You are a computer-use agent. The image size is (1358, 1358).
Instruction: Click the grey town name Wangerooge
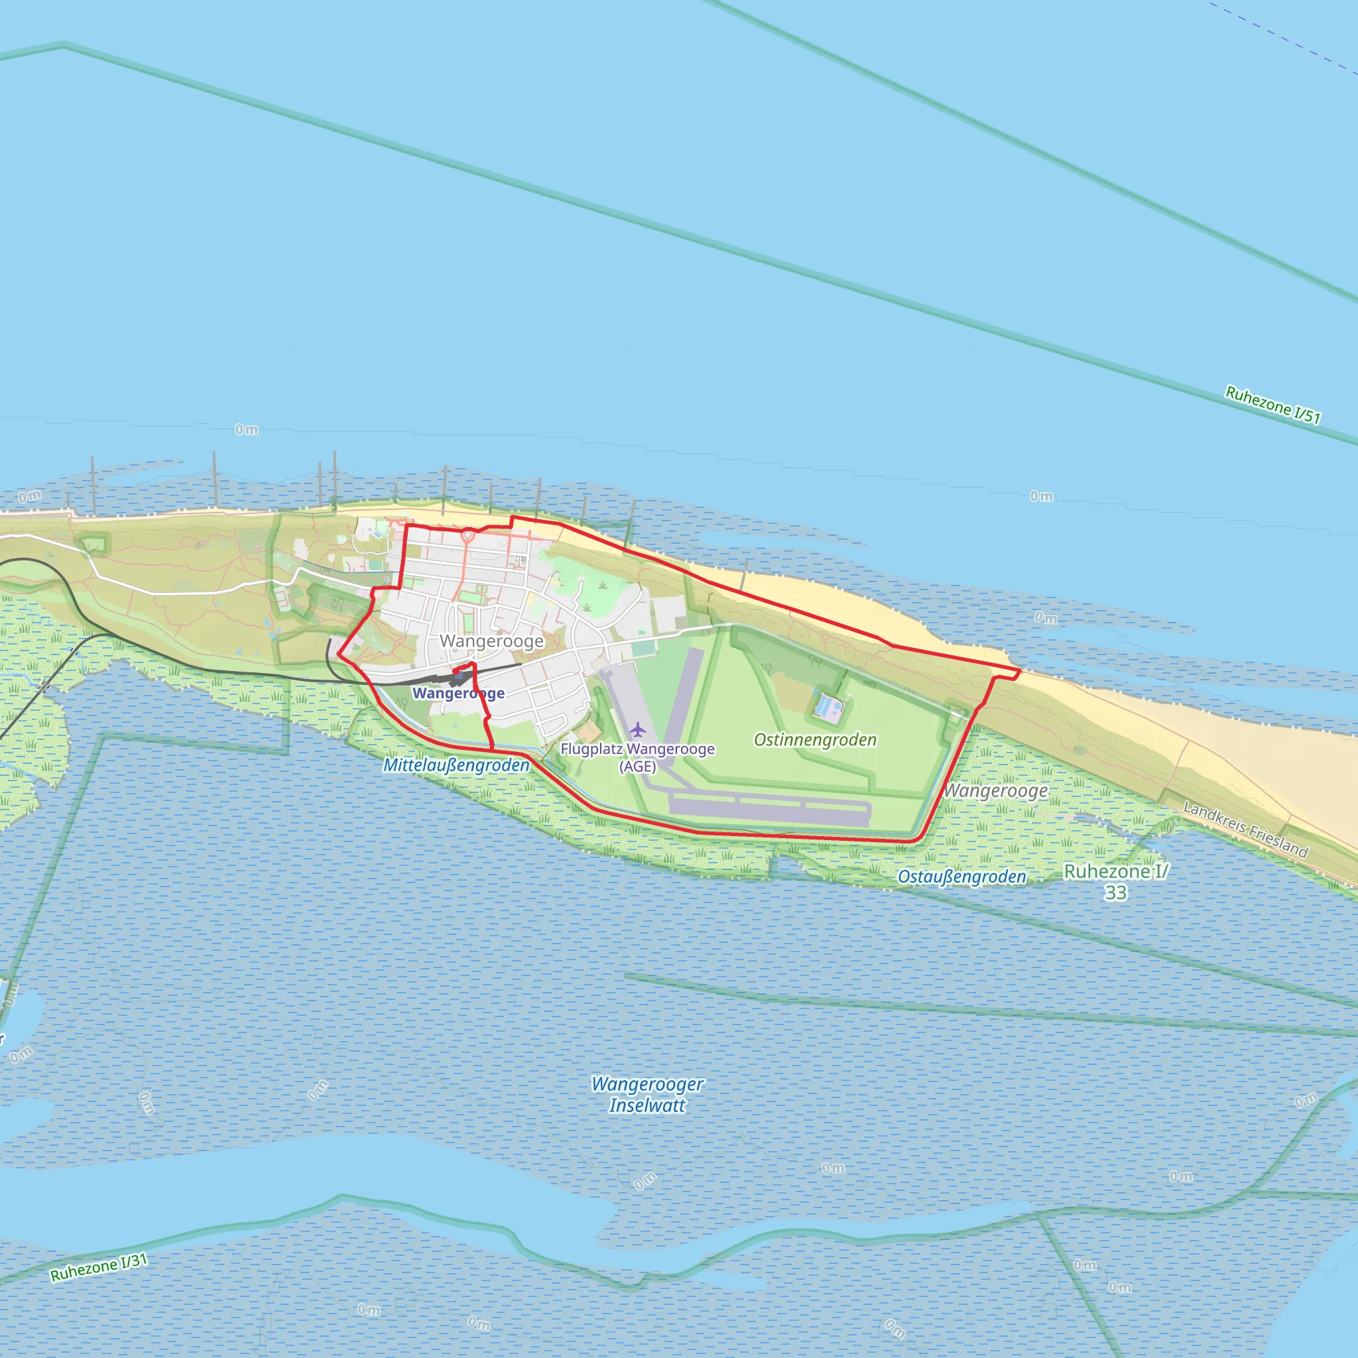coord(491,641)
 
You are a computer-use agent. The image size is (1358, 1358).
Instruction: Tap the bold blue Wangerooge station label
coord(458,693)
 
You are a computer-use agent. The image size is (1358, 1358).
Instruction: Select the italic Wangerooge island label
coord(995,791)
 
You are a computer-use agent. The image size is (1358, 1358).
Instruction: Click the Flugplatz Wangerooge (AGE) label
coord(637,757)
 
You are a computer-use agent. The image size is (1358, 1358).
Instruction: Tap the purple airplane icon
coord(637,729)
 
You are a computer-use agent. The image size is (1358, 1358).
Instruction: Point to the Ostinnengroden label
coord(815,739)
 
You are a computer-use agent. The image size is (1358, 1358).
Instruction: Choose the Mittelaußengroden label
coord(456,765)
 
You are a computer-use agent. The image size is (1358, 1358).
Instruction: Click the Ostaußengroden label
coord(961,877)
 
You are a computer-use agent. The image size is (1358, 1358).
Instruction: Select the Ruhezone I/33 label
coord(1115,881)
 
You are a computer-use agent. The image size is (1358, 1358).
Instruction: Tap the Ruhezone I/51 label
coord(1272,404)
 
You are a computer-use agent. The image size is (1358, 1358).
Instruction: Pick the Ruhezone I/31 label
coord(98,1266)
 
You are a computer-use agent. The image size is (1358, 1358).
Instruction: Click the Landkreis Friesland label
coord(1245,830)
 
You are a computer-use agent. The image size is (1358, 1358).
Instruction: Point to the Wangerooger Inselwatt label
coord(647,1094)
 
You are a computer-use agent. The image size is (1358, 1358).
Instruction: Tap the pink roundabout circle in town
coord(468,536)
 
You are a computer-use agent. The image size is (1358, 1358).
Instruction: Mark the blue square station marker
coord(456,672)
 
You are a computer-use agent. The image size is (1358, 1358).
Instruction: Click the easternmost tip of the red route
coord(1020,671)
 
